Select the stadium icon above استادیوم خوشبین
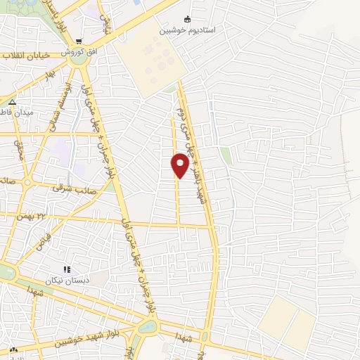[x=187, y=20]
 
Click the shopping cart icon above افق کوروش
[x=79, y=41]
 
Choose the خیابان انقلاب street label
[x=25, y=56]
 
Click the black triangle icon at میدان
[x=12, y=101]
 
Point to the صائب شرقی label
[x=67, y=188]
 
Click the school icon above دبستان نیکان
[x=67, y=269]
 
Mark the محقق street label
[x=18, y=148]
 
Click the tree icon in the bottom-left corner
[x=13, y=350]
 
